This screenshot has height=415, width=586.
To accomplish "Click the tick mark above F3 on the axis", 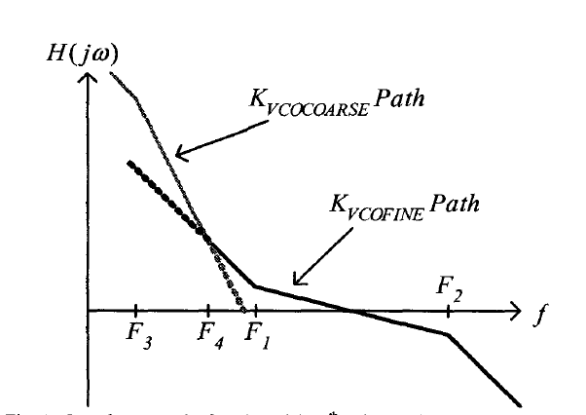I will coord(136,312).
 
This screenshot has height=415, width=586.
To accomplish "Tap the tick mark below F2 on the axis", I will coord(449,312).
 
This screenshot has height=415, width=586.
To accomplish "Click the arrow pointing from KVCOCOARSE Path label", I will coord(212,136).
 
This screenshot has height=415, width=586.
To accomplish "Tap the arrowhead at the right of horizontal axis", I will coord(517,312).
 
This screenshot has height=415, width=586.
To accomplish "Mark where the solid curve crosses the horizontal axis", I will coord(353,312).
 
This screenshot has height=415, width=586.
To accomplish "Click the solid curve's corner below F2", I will coord(449,334).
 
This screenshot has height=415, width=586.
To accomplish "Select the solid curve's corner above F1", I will coord(255,286).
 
